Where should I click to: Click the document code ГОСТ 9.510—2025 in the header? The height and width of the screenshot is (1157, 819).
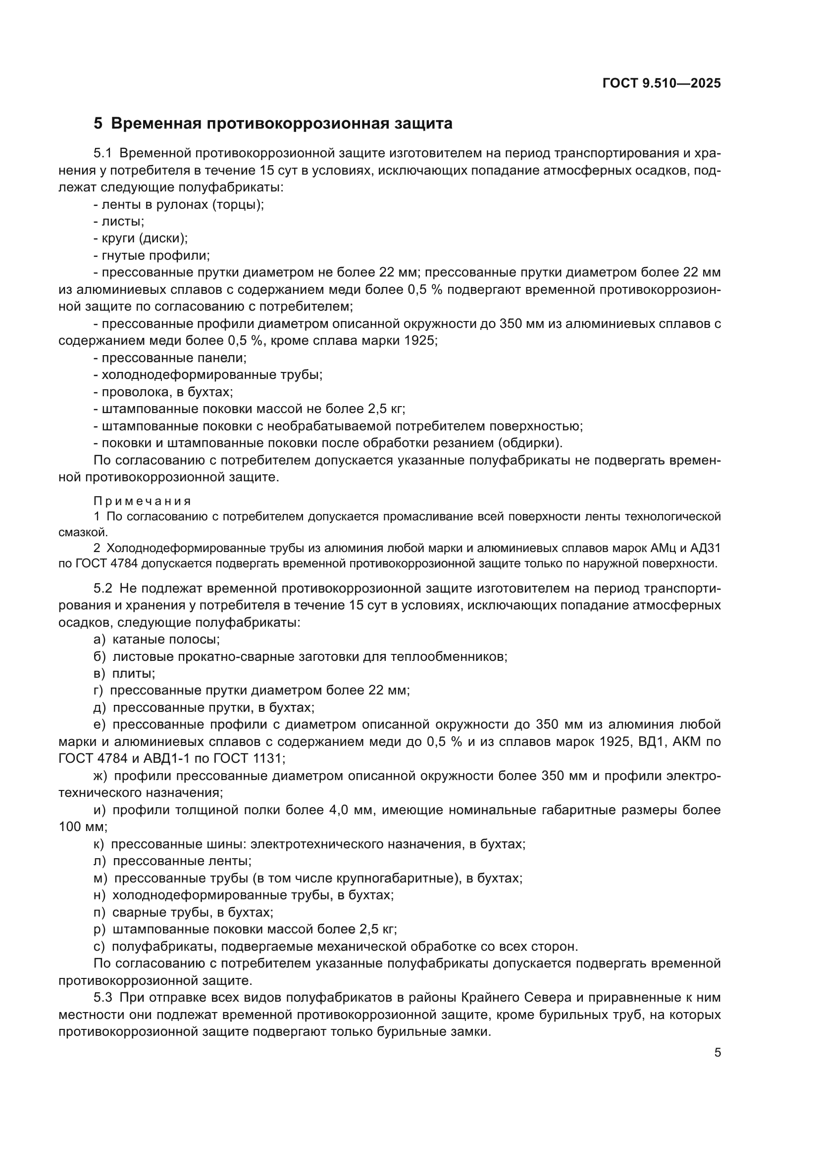click(x=661, y=84)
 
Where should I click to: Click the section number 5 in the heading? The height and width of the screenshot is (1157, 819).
click(x=98, y=124)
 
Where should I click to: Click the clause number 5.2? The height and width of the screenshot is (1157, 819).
click(x=104, y=588)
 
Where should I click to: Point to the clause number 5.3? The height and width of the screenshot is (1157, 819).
click(x=104, y=997)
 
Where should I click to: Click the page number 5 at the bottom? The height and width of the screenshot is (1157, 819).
click(x=717, y=1052)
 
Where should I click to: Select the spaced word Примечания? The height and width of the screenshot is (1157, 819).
click(x=142, y=501)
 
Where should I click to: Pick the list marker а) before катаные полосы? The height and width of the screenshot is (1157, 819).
click(x=100, y=640)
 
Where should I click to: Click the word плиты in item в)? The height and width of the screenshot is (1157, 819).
click(x=132, y=674)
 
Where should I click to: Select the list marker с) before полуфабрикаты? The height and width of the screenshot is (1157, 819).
click(x=100, y=946)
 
